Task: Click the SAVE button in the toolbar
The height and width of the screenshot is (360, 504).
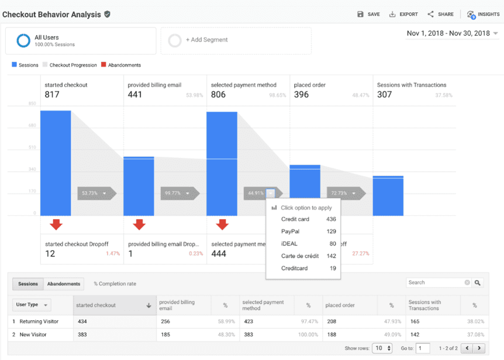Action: (x=368, y=14)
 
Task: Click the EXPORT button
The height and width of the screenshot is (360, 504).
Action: (x=403, y=14)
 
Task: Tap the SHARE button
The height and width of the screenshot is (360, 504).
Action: (x=440, y=14)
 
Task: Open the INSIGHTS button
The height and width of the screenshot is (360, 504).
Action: (x=484, y=14)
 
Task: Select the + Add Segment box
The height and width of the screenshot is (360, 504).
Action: (x=236, y=40)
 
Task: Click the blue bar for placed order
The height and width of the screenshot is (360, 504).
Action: (x=305, y=190)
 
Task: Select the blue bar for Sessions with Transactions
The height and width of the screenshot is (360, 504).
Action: (x=388, y=196)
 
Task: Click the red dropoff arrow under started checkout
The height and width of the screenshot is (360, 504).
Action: (x=56, y=224)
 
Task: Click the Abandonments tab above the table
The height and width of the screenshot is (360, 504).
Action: (x=64, y=284)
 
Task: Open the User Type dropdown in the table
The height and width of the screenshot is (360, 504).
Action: (x=32, y=305)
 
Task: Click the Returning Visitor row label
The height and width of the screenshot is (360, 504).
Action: (x=39, y=321)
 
